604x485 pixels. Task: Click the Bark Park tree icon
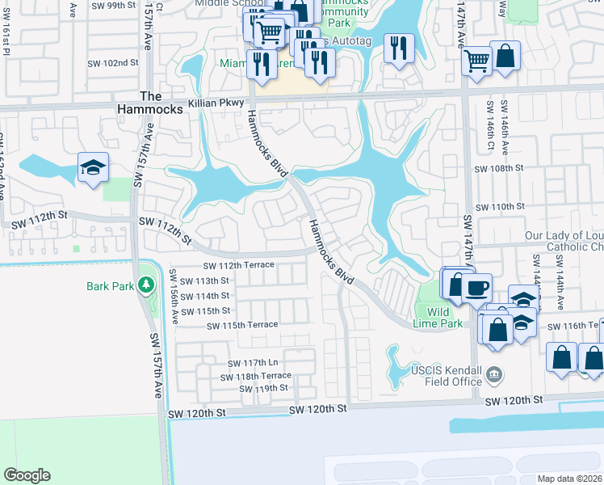(x=145, y=285)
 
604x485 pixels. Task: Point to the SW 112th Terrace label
(x=239, y=265)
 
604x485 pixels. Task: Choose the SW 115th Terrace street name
(x=242, y=325)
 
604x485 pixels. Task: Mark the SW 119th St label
(x=263, y=388)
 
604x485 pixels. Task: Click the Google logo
(x=27, y=475)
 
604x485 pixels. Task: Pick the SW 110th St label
(x=500, y=207)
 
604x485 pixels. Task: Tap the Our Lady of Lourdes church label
(x=564, y=241)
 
